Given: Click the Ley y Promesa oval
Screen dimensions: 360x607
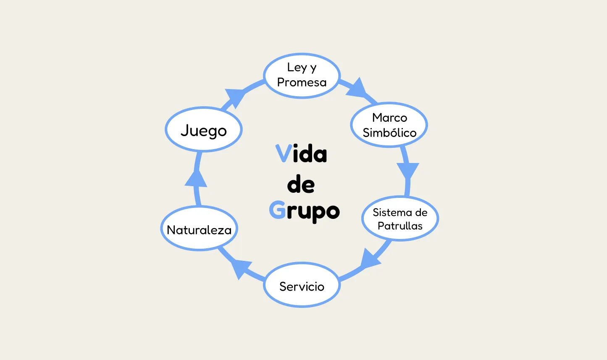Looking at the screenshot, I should (302, 76).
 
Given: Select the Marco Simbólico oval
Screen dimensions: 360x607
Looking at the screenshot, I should (389, 125).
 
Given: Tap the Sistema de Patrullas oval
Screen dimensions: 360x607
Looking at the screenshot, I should (400, 218).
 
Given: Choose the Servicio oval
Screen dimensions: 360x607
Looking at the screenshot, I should (302, 285).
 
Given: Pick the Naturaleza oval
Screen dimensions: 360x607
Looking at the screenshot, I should (199, 229).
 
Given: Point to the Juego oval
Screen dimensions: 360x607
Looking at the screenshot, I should (204, 129).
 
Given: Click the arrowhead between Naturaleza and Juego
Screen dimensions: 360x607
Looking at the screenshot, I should (196, 179).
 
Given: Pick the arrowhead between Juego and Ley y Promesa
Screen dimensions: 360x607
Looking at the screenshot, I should (235, 97).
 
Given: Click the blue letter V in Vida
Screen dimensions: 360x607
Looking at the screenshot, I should (284, 153).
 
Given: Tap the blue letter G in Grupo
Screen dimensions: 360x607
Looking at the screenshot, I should (277, 210).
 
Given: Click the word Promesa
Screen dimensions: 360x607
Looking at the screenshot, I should (302, 82).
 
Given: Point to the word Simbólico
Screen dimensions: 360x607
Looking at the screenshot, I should (389, 133).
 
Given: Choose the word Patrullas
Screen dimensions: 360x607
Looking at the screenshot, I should (400, 226).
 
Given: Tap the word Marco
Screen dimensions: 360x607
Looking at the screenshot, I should (389, 117).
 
